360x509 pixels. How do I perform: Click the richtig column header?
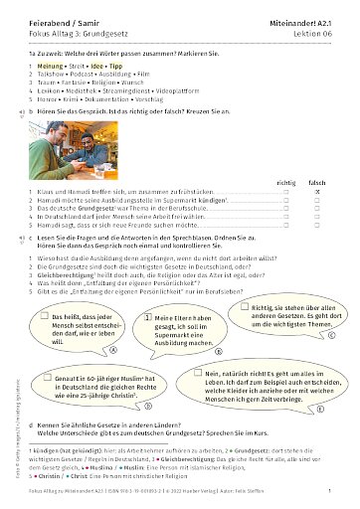[x=286, y=184]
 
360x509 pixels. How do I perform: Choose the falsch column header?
[x=317, y=184]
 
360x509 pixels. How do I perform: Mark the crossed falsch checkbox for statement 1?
[x=317, y=194]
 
